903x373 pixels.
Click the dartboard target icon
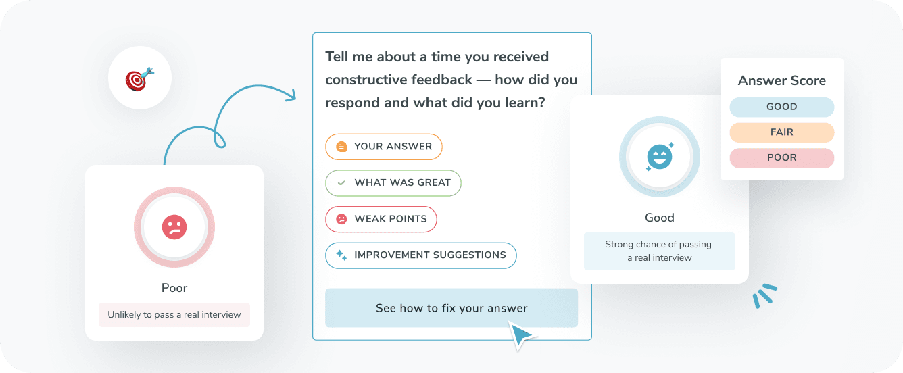click(139, 79)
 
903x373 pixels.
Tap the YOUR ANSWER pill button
click(383, 146)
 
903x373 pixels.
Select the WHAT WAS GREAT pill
click(393, 182)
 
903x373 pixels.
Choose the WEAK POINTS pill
click(381, 219)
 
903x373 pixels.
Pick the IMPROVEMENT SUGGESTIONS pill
click(420, 255)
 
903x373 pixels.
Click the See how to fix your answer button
click(451, 308)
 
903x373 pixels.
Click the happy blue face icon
click(659, 157)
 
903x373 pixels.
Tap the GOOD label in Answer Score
click(781, 107)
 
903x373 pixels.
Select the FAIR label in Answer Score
click(781, 132)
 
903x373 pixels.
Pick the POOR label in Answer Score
click(781, 157)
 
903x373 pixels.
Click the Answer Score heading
click(781, 81)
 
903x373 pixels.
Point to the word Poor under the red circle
click(174, 288)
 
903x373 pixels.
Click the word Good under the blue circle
click(659, 218)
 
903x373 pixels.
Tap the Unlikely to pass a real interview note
click(174, 315)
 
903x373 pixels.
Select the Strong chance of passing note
click(659, 251)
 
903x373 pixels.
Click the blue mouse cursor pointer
click(520, 334)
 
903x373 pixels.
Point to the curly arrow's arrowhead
click(291, 95)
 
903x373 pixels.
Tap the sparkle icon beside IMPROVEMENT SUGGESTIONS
click(341, 255)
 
